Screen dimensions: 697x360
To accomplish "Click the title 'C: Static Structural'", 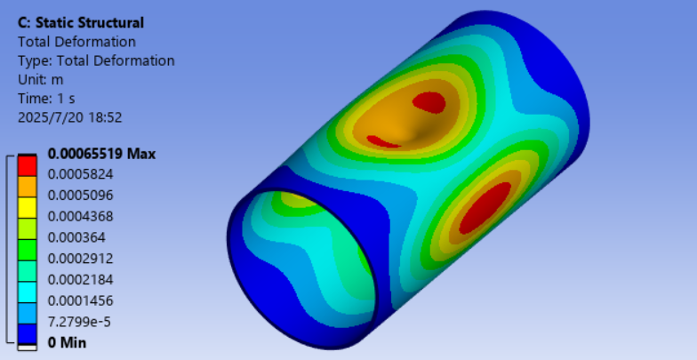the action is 80,23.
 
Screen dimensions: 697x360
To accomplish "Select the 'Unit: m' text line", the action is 41,80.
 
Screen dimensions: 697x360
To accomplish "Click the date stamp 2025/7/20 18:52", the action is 69,117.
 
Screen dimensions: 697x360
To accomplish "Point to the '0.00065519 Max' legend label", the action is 101,154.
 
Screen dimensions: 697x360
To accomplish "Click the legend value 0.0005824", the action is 80,174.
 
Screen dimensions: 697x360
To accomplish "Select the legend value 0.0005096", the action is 80,196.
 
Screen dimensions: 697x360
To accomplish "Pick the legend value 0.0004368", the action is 80,217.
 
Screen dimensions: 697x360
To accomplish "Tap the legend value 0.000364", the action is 76,237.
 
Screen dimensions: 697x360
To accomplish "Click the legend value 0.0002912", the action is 80,258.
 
